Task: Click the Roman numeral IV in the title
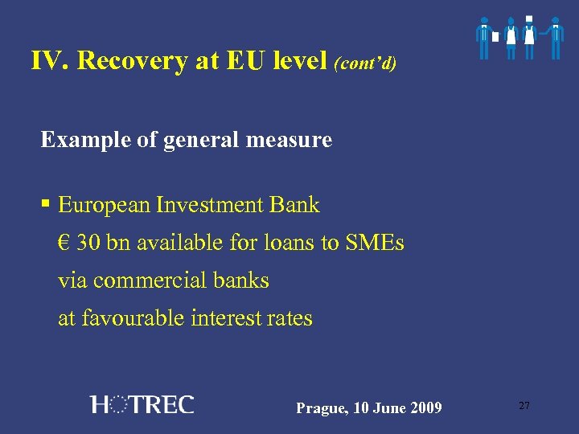point(48,61)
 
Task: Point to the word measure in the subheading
point(292,141)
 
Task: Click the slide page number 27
point(524,406)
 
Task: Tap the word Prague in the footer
point(319,409)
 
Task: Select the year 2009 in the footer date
point(425,408)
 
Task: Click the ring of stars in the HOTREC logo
point(117,404)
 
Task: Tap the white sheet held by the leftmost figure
point(495,37)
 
